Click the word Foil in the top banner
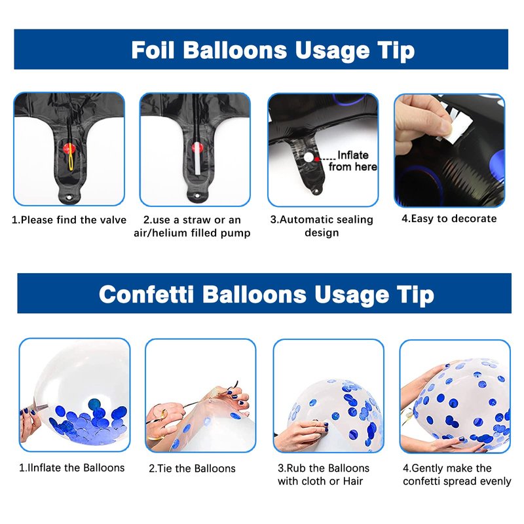[x=153, y=50]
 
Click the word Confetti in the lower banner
[x=146, y=294]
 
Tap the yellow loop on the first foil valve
[x=71, y=159]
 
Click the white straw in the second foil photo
[x=198, y=158]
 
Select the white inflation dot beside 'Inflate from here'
[x=309, y=157]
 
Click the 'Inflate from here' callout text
[x=353, y=160]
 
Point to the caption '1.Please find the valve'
[x=69, y=220]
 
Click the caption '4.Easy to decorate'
[x=449, y=219]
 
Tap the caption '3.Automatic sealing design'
[x=322, y=226]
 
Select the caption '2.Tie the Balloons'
[x=192, y=468]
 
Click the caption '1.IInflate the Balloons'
[x=72, y=468]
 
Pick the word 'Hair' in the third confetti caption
[x=353, y=481]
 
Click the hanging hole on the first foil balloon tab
[x=69, y=197]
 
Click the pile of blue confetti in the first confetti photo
[x=88, y=422]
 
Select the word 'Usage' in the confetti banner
[x=352, y=295]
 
